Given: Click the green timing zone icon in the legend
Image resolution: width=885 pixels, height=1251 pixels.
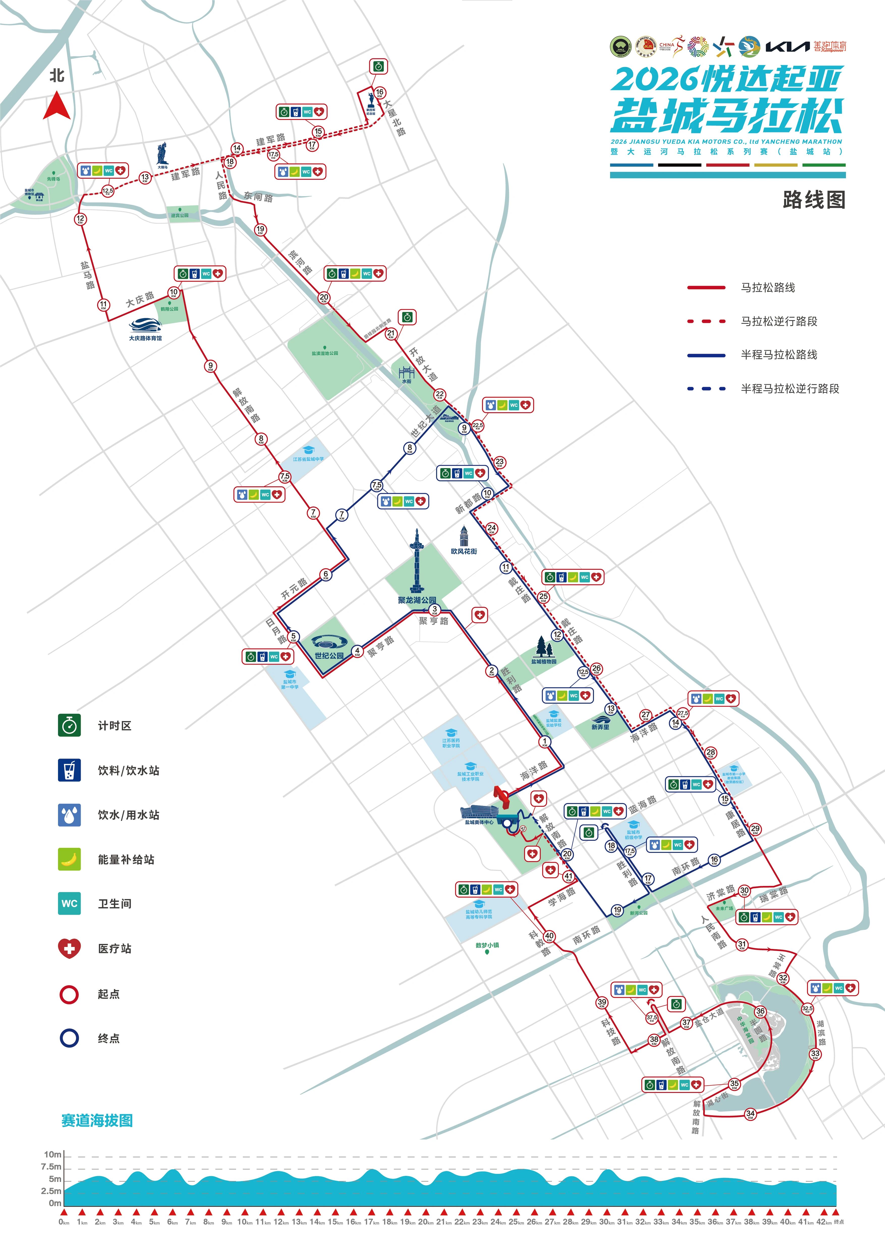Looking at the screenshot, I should [69, 725].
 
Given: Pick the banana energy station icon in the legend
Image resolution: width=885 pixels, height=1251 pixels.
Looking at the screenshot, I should [69, 859].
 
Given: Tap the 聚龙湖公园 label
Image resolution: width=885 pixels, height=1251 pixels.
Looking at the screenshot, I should [417, 600].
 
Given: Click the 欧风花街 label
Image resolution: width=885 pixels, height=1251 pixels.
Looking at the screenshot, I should [464, 551].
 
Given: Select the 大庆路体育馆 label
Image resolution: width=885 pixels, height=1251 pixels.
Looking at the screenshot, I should [145, 338].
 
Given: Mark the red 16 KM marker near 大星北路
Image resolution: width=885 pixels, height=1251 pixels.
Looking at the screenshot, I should [380, 93].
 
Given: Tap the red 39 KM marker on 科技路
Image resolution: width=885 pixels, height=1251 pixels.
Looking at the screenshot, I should [602, 1002].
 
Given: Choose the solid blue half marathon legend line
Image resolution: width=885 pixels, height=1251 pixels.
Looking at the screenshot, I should [706, 355].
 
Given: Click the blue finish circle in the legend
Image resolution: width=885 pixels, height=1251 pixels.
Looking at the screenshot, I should [69, 1038].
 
